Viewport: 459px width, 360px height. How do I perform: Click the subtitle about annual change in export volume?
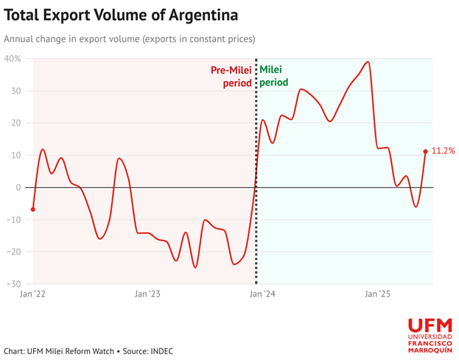(130, 39)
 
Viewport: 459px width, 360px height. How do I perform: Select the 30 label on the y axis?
(15, 91)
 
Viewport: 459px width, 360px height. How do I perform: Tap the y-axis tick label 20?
(15, 123)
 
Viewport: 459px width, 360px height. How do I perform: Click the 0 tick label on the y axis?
(18, 188)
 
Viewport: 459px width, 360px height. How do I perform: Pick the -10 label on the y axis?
(13, 219)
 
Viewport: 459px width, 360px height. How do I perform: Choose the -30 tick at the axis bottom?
(13, 283)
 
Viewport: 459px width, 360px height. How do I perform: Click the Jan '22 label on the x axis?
(32, 294)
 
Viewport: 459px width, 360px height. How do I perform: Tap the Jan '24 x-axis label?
(262, 294)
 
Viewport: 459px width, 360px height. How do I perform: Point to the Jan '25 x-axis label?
(378, 294)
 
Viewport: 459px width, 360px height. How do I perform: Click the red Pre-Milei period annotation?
(231, 77)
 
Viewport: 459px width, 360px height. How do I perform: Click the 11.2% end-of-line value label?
(443, 151)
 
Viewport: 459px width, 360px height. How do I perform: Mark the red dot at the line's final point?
(426, 152)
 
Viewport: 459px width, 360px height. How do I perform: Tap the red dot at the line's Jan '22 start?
(33, 209)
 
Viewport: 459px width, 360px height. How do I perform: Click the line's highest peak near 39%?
(368, 62)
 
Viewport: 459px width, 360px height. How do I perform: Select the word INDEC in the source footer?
(161, 351)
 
